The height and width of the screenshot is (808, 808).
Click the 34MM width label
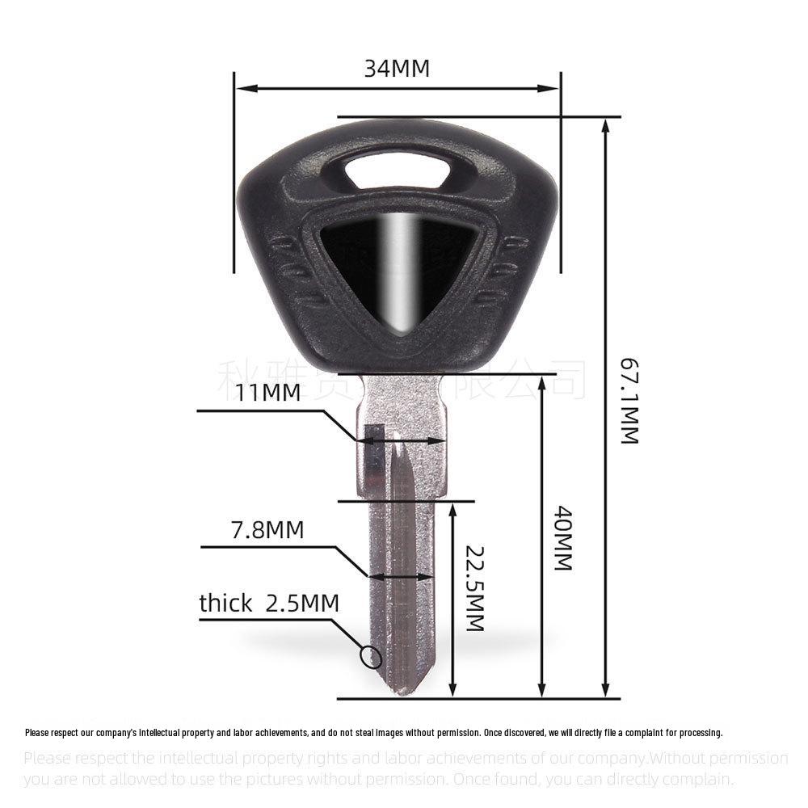pos(396,68)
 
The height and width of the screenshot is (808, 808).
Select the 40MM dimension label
pos(563,539)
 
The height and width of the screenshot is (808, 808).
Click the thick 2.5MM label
pos(269,604)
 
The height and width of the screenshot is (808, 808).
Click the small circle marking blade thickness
pos(372,658)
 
